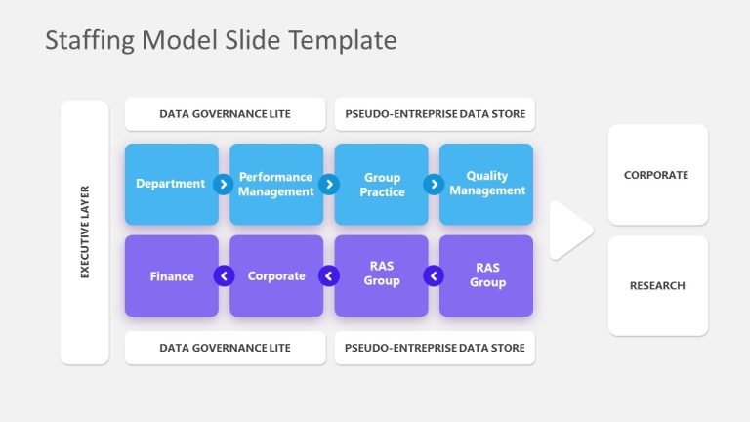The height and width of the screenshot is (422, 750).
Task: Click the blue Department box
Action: [x=171, y=184]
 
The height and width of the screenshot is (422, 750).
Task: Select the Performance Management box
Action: [x=276, y=184]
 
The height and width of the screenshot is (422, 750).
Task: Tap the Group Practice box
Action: [x=382, y=184]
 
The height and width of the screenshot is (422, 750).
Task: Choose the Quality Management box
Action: [x=486, y=184]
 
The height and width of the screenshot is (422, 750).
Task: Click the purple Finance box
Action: [x=171, y=275]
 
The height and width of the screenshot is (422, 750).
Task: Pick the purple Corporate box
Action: [x=276, y=275]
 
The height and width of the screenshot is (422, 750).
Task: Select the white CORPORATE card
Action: [x=657, y=175]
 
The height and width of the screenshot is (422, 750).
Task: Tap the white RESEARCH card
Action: [x=657, y=285]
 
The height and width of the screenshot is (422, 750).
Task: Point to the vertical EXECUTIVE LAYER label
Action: [x=84, y=232]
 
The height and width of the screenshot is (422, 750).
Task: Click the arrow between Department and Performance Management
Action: [x=224, y=184]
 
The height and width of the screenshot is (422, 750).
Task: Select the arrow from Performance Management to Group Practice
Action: [x=329, y=184]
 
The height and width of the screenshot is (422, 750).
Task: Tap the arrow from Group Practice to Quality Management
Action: [x=434, y=184]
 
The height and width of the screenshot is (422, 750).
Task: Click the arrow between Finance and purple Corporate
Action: [x=224, y=275]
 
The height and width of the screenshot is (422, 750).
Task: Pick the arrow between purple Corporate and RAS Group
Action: [x=329, y=275]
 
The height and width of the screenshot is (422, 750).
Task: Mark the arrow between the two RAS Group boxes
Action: [x=434, y=275]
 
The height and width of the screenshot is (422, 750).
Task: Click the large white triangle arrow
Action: [x=568, y=231]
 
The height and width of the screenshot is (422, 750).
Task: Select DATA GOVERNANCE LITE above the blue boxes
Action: [x=225, y=114]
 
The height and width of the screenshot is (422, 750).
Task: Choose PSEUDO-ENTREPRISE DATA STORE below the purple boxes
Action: [x=435, y=348]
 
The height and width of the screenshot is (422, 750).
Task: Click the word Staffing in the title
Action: [x=89, y=40]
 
